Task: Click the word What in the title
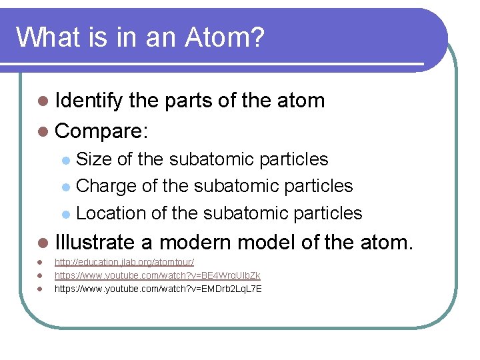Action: tap(46, 38)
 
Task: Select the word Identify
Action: tap(89, 101)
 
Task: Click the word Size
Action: tap(94, 159)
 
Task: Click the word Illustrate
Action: tap(104, 242)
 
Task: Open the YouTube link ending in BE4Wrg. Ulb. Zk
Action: tap(157, 275)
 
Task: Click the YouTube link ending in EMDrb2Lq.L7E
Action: tap(158, 289)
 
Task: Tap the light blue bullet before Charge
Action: tap(65, 187)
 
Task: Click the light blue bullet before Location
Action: tap(65, 214)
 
